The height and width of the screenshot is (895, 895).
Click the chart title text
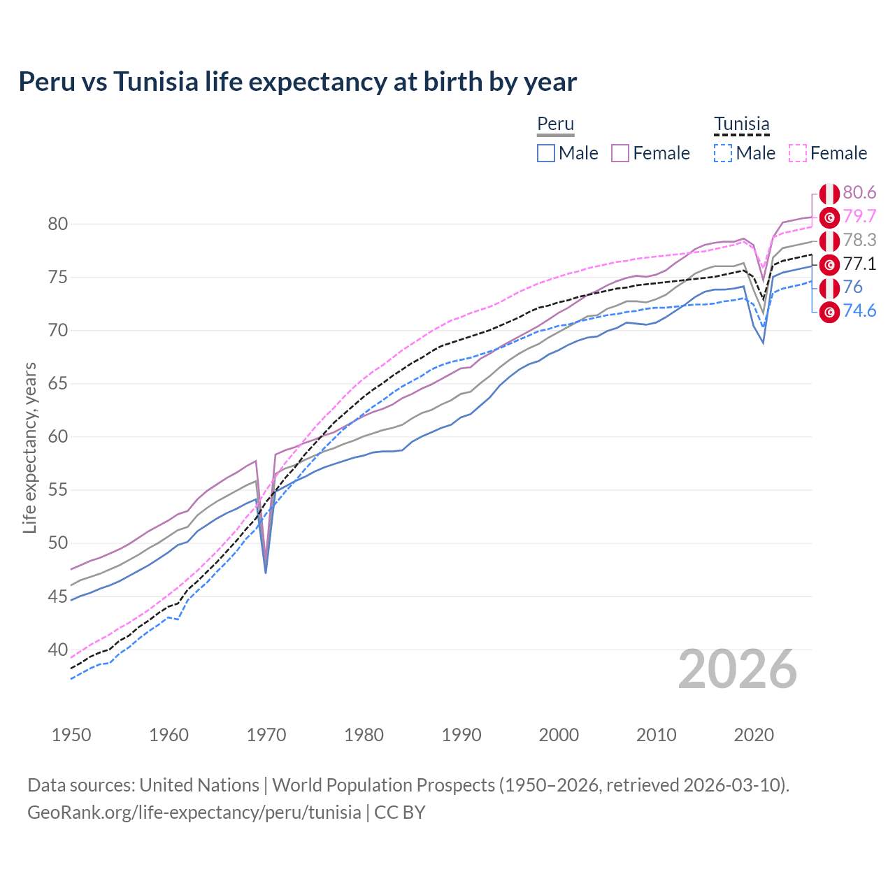(x=297, y=82)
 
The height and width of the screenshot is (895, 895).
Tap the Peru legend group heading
(x=555, y=124)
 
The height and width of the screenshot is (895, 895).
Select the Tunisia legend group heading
(x=741, y=124)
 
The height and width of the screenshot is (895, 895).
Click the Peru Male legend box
(x=546, y=153)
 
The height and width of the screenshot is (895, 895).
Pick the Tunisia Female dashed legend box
(x=798, y=153)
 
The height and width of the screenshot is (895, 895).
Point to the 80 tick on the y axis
(x=58, y=224)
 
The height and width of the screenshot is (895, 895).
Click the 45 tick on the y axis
(x=58, y=596)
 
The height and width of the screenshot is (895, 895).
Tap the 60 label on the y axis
(x=58, y=437)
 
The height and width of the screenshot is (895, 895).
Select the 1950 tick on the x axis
(x=71, y=735)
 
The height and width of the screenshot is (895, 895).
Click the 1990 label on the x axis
(x=461, y=735)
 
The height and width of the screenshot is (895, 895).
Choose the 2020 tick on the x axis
(x=754, y=735)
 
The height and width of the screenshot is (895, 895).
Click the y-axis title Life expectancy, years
(x=29, y=447)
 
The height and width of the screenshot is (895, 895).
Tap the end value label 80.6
(x=859, y=193)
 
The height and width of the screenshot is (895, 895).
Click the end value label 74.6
(x=859, y=311)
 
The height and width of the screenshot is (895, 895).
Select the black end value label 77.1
(x=859, y=264)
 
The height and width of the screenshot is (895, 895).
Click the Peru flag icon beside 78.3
(x=829, y=241)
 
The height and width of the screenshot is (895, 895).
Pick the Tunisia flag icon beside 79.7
(x=829, y=217)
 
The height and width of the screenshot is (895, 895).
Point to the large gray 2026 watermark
(x=737, y=669)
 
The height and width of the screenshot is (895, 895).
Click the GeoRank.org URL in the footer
(x=194, y=812)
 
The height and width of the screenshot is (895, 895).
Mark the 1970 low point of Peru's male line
(x=266, y=573)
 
